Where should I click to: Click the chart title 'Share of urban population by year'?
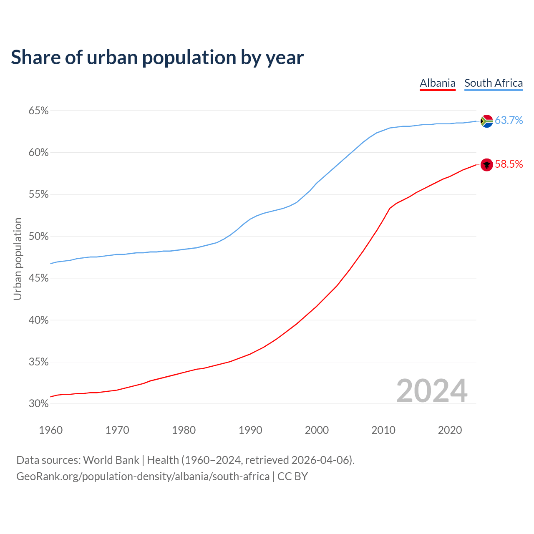point(157,57)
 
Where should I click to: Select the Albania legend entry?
point(437,83)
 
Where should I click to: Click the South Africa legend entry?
point(494,83)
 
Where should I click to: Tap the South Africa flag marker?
point(487,121)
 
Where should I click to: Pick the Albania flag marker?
point(487,165)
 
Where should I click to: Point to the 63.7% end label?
point(509,121)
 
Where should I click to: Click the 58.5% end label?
point(509,164)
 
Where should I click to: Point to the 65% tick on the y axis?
point(38,111)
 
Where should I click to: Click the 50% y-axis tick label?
point(38,237)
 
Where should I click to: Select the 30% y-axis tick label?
point(38,404)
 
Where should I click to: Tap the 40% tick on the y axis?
point(38,320)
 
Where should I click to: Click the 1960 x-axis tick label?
point(50,430)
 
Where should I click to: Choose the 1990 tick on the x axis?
point(250,430)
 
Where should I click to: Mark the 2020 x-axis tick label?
point(450,430)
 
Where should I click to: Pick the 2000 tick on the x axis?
point(317,430)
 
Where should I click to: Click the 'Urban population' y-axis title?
point(18,259)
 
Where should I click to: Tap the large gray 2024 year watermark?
point(432,391)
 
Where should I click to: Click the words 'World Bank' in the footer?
point(111,460)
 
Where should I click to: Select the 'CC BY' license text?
point(292,476)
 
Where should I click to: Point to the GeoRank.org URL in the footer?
point(143,476)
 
